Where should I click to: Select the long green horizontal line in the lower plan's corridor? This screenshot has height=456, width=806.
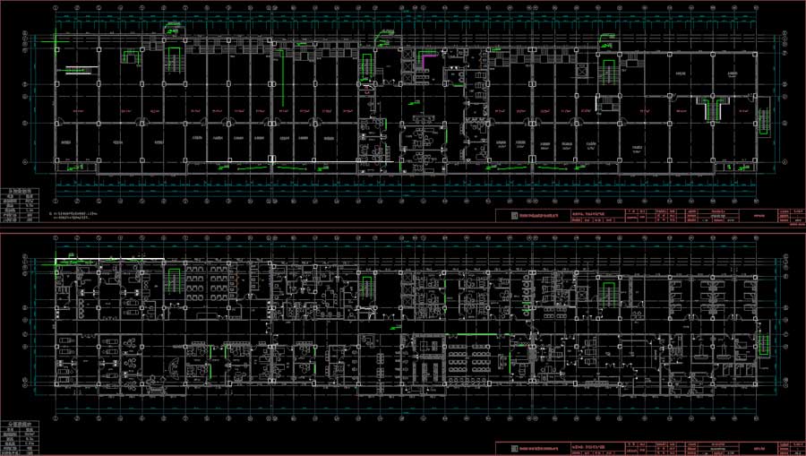pyautogui.click(x=466, y=336)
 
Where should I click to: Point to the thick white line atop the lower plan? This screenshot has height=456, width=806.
pyautogui.click(x=108, y=259)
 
